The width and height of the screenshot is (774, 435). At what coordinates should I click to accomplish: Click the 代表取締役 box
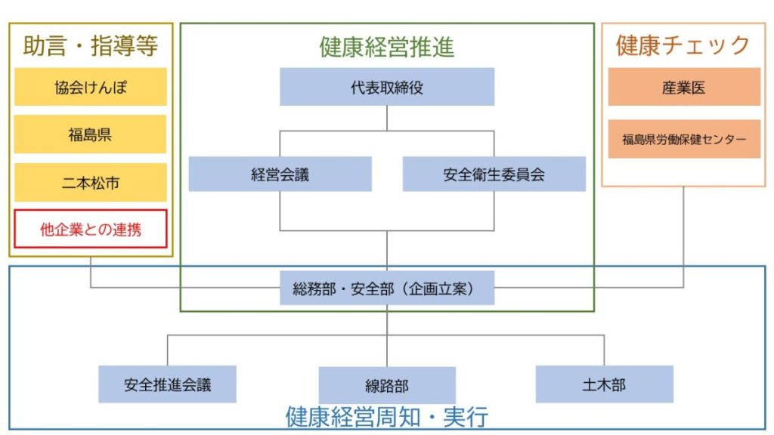pyautogui.click(x=387, y=87)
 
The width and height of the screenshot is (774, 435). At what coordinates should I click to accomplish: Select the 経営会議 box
pyautogui.click(x=280, y=174)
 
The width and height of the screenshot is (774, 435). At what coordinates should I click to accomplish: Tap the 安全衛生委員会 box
pyautogui.click(x=494, y=174)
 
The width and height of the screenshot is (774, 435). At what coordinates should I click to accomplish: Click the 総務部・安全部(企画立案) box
pyautogui.click(x=387, y=288)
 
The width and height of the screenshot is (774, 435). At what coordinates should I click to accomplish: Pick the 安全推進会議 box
pyautogui.click(x=167, y=384)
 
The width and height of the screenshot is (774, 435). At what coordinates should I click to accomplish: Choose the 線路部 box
pyautogui.click(x=387, y=385)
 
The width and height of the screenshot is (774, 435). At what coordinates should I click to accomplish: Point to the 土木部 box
pyautogui.click(x=604, y=384)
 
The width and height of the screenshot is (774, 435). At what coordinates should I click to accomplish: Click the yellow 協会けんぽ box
pyautogui.click(x=90, y=87)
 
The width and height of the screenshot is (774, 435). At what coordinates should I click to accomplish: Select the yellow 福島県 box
pyautogui.click(x=90, y=134)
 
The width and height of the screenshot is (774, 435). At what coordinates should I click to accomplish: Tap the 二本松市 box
pyautogui.click(x=90, y=182)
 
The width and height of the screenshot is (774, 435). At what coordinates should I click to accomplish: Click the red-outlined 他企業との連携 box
pyautogui.click(x=90, y=229)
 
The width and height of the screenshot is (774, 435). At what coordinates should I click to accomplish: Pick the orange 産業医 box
pyautogui.click(x=684, y=87)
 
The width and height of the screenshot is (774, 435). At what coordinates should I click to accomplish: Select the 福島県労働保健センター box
pyautogui.click(x=684, y=139)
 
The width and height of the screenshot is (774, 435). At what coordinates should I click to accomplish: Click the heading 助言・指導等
pyautogui.click(x=90, y=46)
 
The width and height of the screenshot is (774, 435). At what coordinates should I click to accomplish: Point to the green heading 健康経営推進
pyautogui.click(x=387, y=48)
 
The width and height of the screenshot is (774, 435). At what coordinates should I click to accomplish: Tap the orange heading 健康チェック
pyautogui.click(x=683, y=45)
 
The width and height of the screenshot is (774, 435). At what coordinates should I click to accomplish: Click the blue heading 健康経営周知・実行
pyautogui.click(x=387, y=416)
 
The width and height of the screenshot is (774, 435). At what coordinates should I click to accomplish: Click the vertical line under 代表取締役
pyautogui.click(x=387, y=118)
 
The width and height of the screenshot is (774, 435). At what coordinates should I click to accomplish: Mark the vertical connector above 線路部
pyautogui.click(x=387, y=351)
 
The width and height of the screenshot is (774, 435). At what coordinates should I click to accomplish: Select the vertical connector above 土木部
pyautogui.click(x=604, y=350)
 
